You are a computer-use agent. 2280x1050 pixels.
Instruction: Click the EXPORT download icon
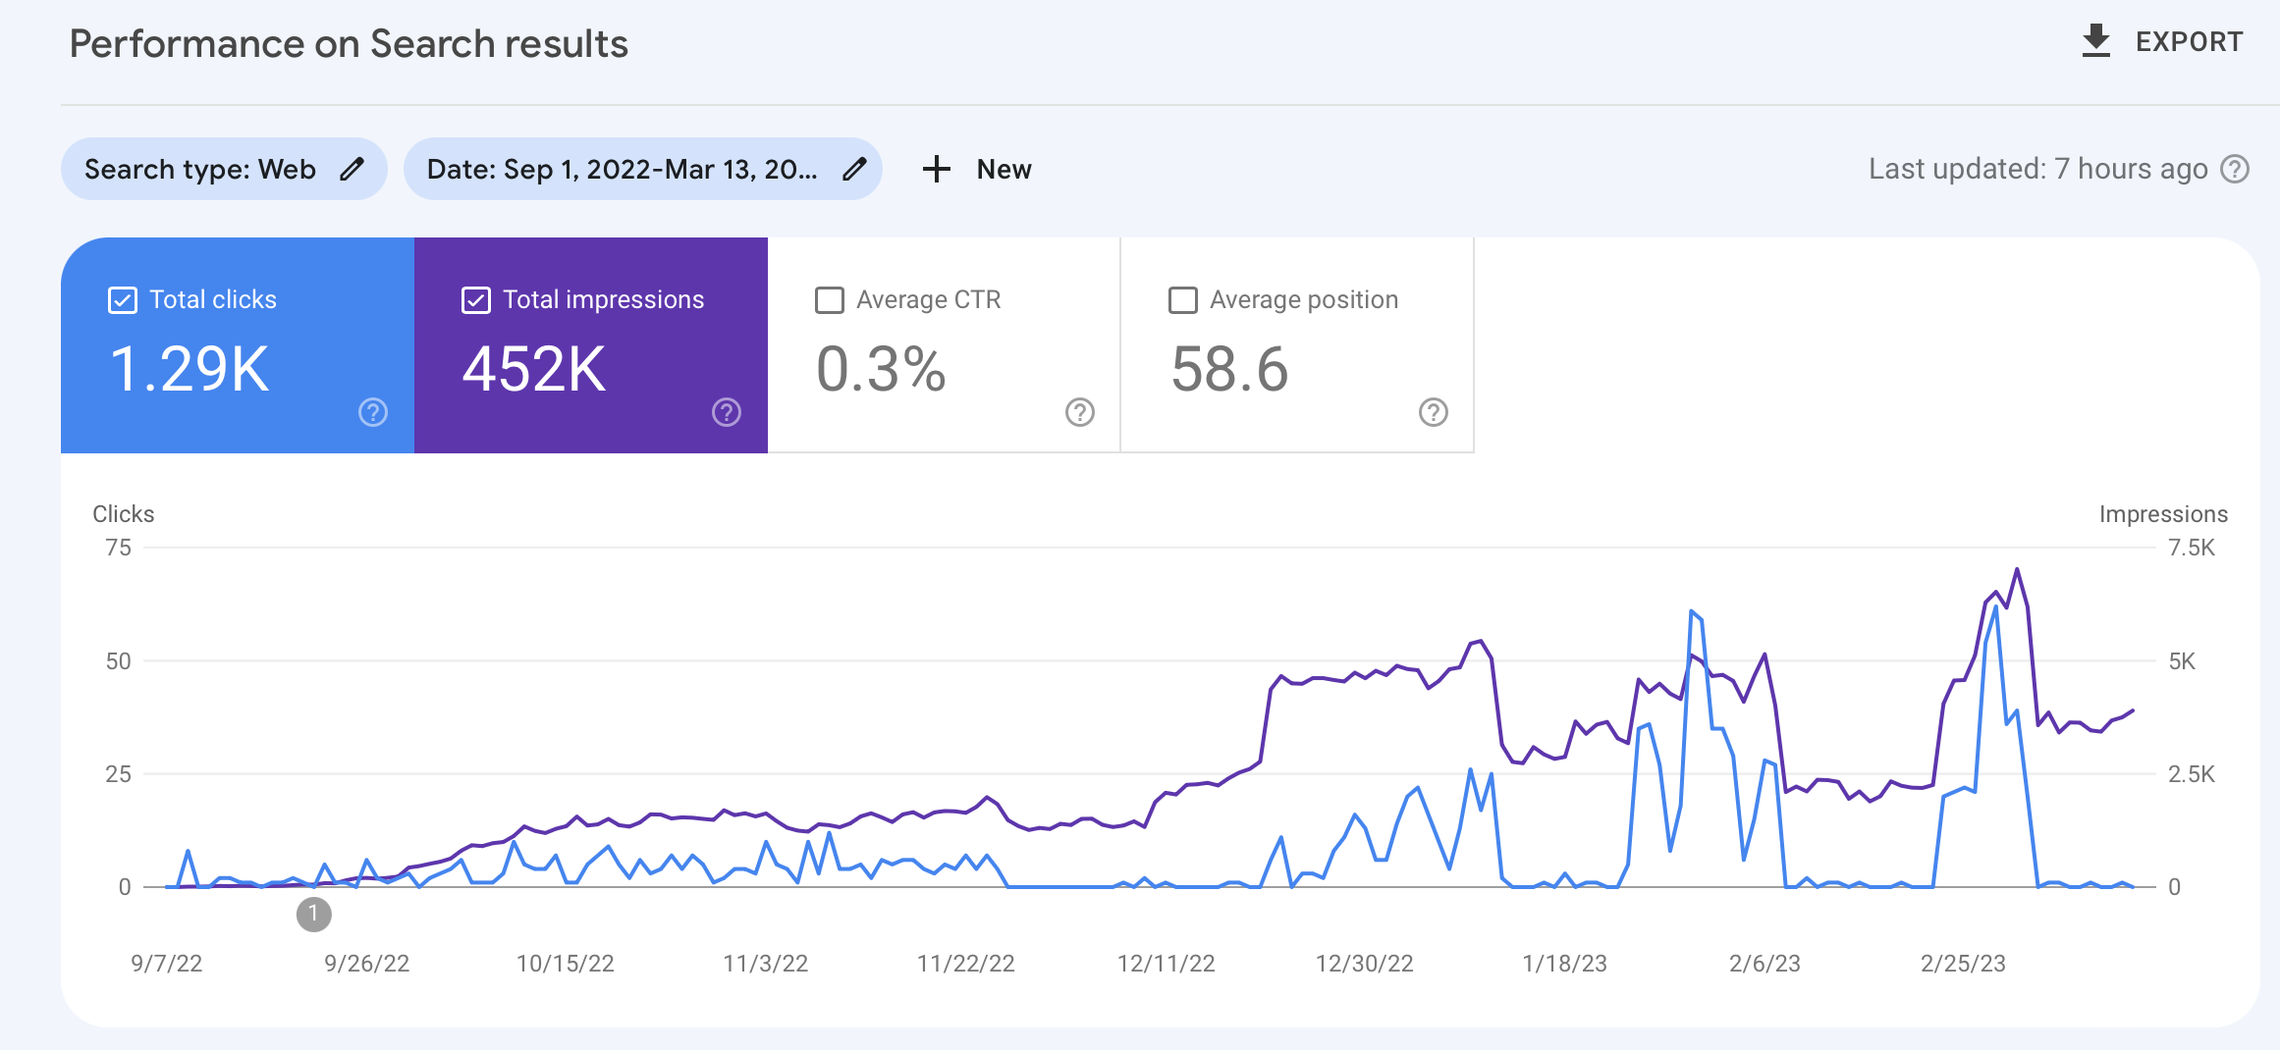(2095, 41)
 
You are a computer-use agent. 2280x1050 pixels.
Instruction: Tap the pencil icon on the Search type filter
(353, 169)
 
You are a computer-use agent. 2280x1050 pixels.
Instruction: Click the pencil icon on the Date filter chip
(855, 169)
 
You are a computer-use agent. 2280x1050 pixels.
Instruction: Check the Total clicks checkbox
(123, 300)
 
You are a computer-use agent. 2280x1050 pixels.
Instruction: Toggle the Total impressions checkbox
(476, 300)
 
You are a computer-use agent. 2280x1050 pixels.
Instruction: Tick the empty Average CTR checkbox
(830, 300)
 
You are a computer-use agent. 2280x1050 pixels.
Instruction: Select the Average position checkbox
(1183, 300)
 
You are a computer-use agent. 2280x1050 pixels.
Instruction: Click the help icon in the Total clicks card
(373, 412)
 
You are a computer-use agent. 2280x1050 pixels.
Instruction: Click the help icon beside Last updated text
(2235, 169)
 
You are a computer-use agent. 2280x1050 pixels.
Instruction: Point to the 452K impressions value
(534, 370)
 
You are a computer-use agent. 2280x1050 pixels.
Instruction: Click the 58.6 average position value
(1229, 370)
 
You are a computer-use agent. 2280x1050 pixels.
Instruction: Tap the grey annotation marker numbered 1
(313, 914)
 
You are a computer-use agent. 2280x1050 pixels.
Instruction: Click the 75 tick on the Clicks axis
(118, 548)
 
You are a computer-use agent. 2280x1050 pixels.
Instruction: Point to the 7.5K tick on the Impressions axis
(2191, 548)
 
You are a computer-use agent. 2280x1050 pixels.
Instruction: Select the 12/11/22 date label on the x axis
(1166, 964)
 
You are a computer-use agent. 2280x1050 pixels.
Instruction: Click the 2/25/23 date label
(1963, 964)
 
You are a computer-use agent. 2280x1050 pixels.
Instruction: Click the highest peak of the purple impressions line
(2017, 570)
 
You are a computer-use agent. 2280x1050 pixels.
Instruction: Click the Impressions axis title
(2162, 514)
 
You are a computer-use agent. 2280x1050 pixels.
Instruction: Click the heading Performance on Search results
(349, 44)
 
